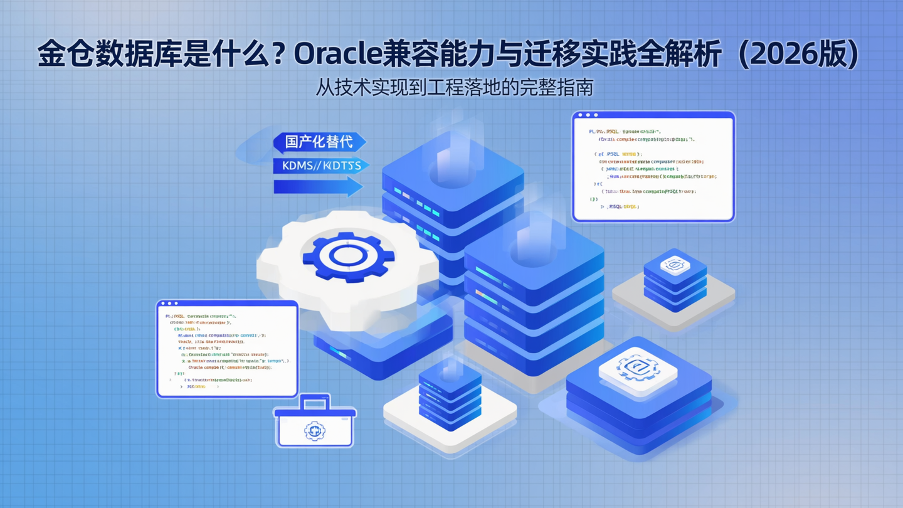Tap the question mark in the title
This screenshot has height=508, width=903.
(x=280, y=55)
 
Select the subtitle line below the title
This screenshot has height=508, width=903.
(x=454, y=87)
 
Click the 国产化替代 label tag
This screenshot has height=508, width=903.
(x=319, y=142)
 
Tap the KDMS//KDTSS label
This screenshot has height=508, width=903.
(x=320, y=166)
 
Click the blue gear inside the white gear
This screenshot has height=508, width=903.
(x=348, y=255)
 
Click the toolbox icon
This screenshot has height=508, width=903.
(x=315, y=424)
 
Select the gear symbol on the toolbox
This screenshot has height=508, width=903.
(x=315, y=431)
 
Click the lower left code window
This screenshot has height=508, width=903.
(x=227, y=349)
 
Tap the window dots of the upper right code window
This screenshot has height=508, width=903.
(x=588, y=115)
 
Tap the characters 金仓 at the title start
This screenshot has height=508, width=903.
(x=58, y=55)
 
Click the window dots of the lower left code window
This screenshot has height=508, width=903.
(x=169, y=304)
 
